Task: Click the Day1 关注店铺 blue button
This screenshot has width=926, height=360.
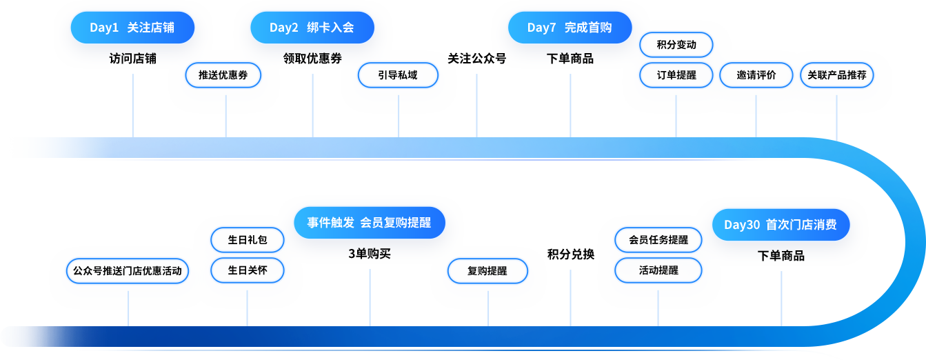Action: point(132,28)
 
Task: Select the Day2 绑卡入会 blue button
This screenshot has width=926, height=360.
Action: point(312,28)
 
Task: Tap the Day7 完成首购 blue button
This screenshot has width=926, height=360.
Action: point(570,28)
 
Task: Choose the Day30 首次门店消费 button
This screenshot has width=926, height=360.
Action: point(781,225)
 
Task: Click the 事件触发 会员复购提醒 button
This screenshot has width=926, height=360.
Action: point(369,223)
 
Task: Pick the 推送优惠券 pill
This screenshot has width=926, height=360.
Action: point(223,75)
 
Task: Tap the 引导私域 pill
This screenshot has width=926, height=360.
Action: point(398,75)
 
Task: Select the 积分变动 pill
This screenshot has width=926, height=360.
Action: point(676,45)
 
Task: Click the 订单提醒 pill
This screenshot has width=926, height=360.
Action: point(676,75)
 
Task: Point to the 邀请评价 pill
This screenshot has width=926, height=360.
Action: point(756,75)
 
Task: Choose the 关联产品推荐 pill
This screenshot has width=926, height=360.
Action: point(837,75)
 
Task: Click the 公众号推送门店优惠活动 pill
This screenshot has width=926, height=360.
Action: point(128,271)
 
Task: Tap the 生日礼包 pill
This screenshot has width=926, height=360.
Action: point(247,240)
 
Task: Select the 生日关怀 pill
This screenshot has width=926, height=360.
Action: point(247,270)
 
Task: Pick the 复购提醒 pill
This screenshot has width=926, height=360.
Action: point(487,271)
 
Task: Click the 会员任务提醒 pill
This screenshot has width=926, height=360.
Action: point(658,240)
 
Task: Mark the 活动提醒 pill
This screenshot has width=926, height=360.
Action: point(658,270)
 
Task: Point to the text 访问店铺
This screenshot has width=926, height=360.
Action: point(132,59)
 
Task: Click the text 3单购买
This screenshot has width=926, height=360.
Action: point(369,254)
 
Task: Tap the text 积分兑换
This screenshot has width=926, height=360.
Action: point(570,254)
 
